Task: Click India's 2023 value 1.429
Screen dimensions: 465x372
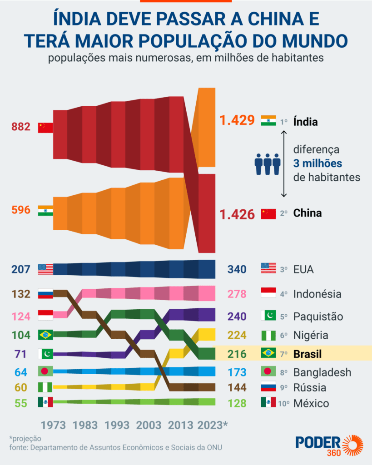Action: pyautogui.click(x=237, y=121)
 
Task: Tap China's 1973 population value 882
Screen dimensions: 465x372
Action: pyautogui.click(x=21, y=127)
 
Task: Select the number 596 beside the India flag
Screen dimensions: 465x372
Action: pyautogui.click(x=21, y=210)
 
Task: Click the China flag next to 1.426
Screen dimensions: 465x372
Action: pyautogui.click(x=268, y=213)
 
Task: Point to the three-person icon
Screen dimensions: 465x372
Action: pyautogui.click(x=267, y=163)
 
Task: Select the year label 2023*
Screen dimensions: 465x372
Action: pyautogui.click(x=213, y=425)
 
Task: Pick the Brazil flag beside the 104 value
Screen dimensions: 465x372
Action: pyautogui.click(x=45, y=335)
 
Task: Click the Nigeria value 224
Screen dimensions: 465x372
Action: pyautogui.click(x=237, y=336)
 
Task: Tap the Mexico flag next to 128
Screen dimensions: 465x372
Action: pyautogui.click(x=268, y=402)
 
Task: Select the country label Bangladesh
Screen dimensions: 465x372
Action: pyautogui.click(x=322, y=372)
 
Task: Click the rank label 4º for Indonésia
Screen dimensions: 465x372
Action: pyautogui.click(x=284, y=294)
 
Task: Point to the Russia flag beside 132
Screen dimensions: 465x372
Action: pyautogui.click(x=45, y=293)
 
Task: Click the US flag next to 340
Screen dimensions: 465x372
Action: pyautogui.click(x=268, y=268)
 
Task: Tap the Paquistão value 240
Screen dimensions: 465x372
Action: pyautogui.click(x=237, y=316)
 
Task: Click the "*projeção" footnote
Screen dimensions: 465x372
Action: pyautogui.click(x=25, y=439)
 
